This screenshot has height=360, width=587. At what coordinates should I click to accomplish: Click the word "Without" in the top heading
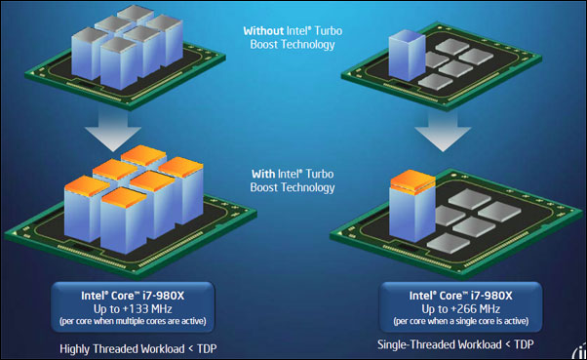(263, 30)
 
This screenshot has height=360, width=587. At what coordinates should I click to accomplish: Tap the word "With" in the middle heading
(263, 174)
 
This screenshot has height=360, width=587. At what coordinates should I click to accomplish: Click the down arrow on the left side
(113, 131)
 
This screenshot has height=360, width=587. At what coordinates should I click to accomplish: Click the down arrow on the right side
(443, 131)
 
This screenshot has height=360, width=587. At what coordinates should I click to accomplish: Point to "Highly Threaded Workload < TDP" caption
(138, 348)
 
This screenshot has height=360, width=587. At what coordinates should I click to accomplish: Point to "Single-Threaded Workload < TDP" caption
(455, 344)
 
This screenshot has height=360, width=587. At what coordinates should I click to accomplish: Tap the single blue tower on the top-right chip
(407, 56)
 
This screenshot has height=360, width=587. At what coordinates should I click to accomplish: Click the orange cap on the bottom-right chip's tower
(412, 181)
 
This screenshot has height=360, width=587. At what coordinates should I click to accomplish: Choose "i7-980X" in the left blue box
(164, 296)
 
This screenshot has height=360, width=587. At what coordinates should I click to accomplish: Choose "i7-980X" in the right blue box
(491, 296)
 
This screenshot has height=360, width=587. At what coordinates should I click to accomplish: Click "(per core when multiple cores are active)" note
(133, 321)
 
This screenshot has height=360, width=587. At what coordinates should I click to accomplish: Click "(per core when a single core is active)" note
(461, 321)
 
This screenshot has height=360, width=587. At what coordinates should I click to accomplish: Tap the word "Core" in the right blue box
(451, 296)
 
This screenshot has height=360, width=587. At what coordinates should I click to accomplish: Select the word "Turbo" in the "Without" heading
(328, 30)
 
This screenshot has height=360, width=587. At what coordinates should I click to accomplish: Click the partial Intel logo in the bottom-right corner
(579, 352)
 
